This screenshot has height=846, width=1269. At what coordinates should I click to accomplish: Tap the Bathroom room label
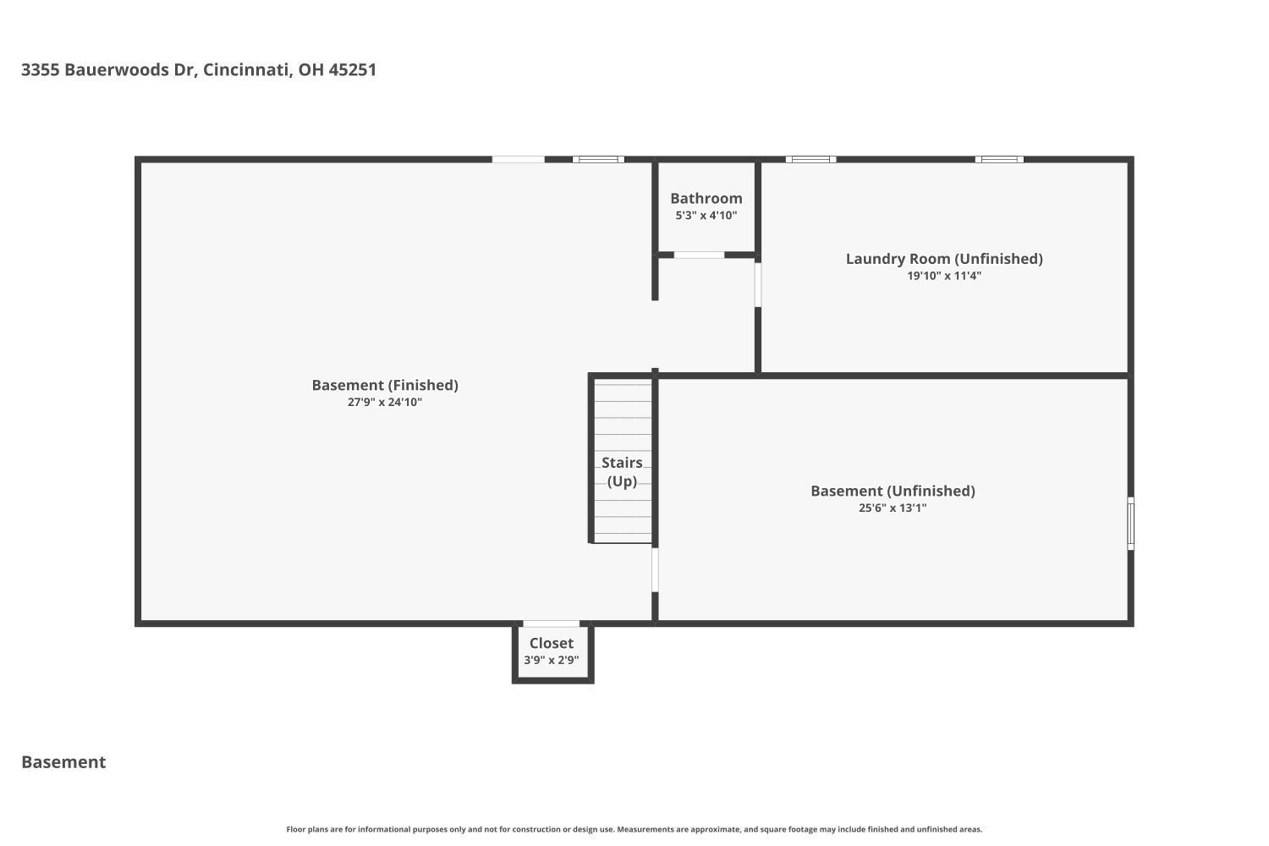pos(706,198)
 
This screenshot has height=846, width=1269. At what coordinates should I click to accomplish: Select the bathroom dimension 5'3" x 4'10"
pos(706,216)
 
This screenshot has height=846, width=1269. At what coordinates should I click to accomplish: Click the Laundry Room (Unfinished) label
pos(944,259)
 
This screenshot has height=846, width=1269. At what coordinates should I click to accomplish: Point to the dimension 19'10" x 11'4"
pos(944,276)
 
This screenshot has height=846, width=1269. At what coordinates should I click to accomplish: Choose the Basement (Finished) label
pos(385,385)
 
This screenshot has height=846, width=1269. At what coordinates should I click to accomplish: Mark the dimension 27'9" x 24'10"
pos(385,403)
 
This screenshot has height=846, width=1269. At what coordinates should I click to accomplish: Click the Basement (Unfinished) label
pos(893,491)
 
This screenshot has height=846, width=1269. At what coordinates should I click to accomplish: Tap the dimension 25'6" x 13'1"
pos(893,508)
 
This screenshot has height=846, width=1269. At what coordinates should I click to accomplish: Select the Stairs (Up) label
pos(622,472)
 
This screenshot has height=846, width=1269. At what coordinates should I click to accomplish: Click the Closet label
pos(552,643)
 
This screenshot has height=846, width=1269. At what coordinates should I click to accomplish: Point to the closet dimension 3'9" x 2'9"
pos(552,660)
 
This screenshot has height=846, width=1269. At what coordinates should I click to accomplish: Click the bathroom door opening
pos(699,255)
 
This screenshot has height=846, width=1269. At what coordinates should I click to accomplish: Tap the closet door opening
pos(552,624)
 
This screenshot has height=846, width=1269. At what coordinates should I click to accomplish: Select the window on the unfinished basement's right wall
pos(1130,524)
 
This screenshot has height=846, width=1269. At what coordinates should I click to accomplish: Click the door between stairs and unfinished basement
pos(655,570)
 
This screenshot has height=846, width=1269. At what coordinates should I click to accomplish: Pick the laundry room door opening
pos(757,284)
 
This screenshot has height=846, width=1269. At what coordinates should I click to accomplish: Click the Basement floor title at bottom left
pos(63,762)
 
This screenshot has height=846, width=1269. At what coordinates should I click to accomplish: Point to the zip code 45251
pos(353,69)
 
